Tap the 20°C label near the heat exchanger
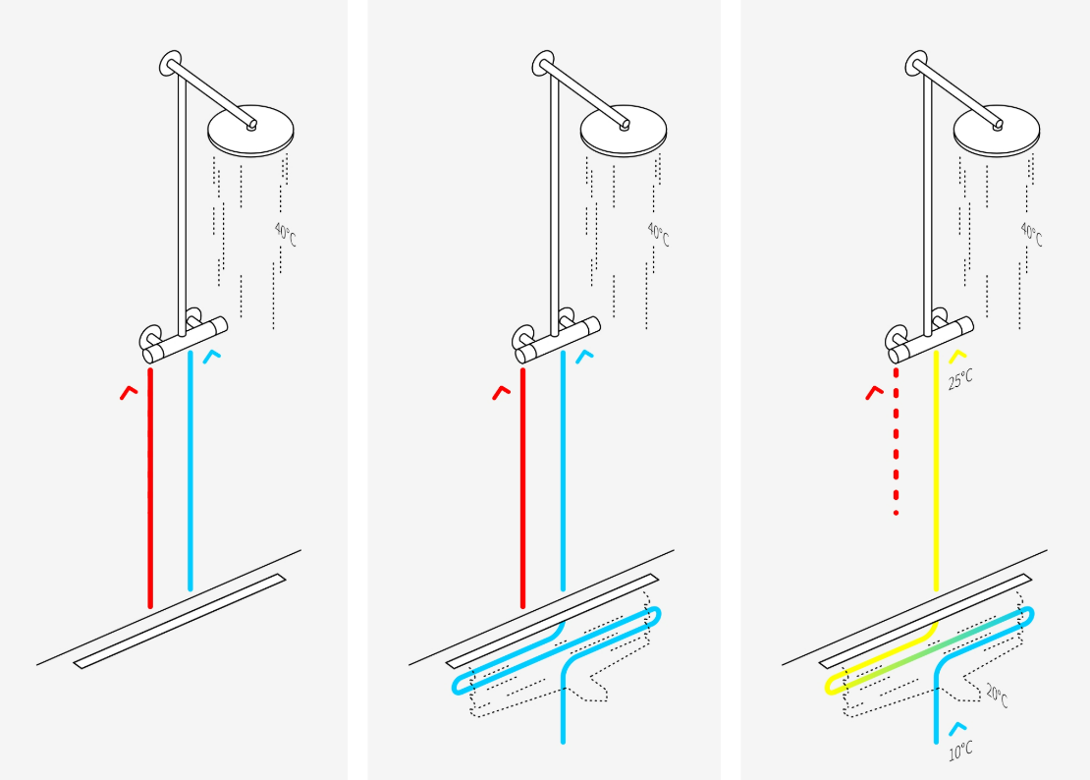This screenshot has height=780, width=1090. point(997,696)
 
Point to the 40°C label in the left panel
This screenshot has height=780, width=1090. point(285,235)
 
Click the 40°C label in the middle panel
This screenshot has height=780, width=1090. point(658,235)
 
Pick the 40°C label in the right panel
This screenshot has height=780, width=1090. point(1031,235)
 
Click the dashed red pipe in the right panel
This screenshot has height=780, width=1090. point(896,441)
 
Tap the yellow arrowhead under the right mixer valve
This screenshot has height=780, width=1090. point(957,356)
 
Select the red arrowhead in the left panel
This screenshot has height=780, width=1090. point(129,392)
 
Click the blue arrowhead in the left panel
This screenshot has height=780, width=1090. point(211,356)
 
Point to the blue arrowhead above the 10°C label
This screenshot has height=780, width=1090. point(957,729)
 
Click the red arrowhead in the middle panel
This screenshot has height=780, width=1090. point(501,392)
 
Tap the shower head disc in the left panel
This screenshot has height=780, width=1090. point(251,132)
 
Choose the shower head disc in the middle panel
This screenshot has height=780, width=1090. point(624,132)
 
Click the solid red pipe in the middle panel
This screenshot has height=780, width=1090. point(522,488)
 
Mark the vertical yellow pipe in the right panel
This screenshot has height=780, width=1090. point(936,471)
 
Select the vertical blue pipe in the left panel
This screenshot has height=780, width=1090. point(190,471)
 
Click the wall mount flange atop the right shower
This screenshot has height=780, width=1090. point(916,64)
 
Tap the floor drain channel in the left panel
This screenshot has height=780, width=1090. point(180,621)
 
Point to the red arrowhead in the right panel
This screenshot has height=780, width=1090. point(874,392)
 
